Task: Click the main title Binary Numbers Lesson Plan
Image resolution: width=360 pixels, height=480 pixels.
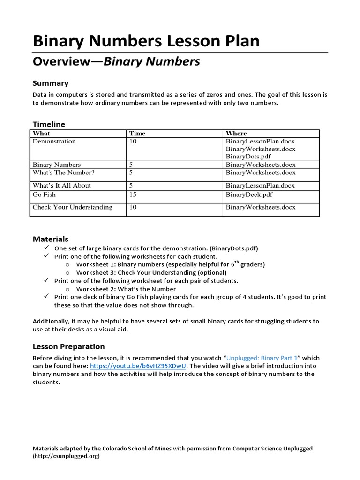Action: (146, 41)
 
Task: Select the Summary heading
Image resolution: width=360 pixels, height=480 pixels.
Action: (50, 83)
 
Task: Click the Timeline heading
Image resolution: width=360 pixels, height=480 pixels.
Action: (49, 124)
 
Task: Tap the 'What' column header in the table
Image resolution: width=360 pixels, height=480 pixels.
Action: (41, 134)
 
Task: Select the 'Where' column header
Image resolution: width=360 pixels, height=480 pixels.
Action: (236, 134)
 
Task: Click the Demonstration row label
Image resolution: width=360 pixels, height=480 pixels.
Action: (54, 141)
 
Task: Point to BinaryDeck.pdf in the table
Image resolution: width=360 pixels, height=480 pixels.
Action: (249, 195)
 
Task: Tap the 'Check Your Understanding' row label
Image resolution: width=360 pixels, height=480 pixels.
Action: (72, 207)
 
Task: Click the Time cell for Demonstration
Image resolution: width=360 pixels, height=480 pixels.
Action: (133, 141)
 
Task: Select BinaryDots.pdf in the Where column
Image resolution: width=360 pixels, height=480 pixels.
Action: (248, 157)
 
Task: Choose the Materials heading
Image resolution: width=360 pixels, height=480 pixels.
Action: (50, 239)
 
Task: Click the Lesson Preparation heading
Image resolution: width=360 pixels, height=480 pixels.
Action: (68, 347)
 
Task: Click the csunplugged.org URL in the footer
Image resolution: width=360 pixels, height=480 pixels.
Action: (66, 456)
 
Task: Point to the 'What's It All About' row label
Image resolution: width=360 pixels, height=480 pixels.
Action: (61, 185)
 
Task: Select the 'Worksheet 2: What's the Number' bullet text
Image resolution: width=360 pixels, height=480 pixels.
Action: (126, 289)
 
